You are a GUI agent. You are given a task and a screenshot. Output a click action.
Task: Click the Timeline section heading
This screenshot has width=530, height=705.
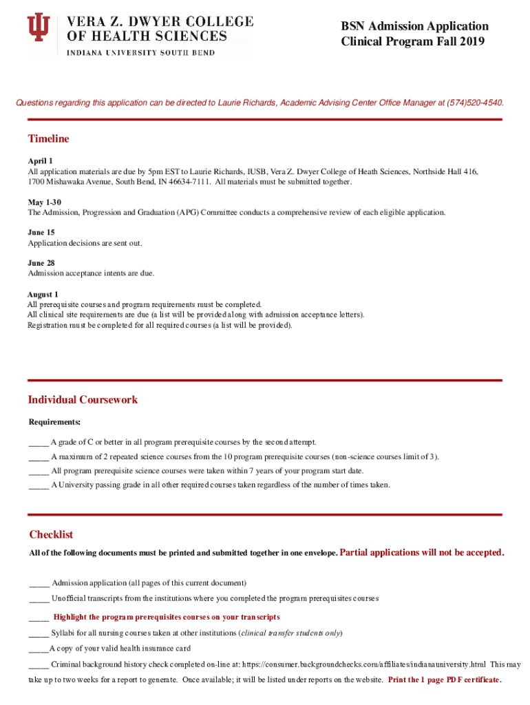pyautogui.click(x=48, y=139)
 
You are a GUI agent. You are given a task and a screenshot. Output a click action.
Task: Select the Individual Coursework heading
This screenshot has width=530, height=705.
pyautogui.click(x=83, y=400)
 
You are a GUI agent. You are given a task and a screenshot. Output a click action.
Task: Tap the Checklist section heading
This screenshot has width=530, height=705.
pyautogui.click(x=51, y=535)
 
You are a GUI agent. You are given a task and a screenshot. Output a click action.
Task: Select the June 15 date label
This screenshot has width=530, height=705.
pyautogui.click(x=41, y=233)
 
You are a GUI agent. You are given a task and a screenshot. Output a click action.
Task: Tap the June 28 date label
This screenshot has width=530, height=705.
pyautogui.click(x=41, y=263)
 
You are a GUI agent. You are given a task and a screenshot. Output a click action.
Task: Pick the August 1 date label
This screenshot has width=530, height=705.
pyautogui.click(x=43, y=295)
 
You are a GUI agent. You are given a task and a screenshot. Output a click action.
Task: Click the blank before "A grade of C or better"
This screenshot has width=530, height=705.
pyautogui.click(x=38, y=443)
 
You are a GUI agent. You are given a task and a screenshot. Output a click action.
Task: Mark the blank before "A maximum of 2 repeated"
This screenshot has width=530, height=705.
pyautogui.click(x=38, y=457)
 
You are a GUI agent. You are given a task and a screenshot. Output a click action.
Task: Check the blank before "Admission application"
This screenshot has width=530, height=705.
pyautogui.click(x=39, y=584)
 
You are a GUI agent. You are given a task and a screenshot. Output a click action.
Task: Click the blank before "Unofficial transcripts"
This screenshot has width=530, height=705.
pyautogui.click(x=39, y=599)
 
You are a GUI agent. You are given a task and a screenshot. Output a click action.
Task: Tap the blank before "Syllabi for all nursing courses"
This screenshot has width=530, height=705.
pyautogui.click(x=39, y=633)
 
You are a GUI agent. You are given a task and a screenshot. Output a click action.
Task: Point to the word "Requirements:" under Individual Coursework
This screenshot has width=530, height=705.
pyautogui.click(x=54, y=422)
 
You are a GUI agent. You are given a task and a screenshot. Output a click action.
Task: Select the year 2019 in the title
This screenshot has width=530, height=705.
pyautogui.click(x=471, y=42)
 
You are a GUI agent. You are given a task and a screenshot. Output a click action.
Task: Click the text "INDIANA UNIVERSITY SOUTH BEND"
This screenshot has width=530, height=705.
pyautogui.click(x=140, y=53)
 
